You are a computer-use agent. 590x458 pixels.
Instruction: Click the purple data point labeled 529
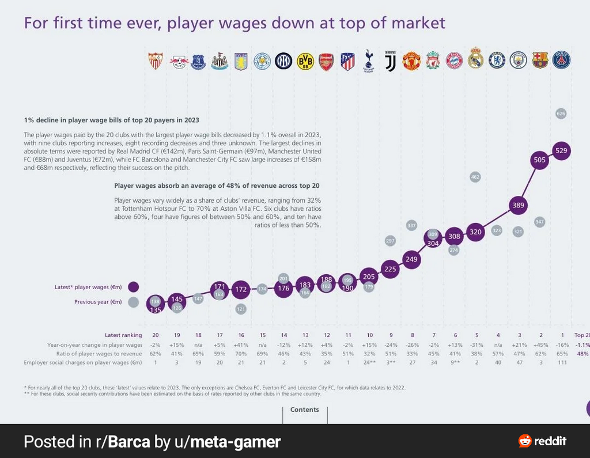tap(561, 150)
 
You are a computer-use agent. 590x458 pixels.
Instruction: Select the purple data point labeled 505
tap(540, 160)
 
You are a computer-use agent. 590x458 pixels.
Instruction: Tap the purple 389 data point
tap(518, 205)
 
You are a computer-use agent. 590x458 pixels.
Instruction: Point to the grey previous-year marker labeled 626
tap(561, 114)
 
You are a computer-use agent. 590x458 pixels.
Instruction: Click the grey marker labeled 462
tap(475, 177)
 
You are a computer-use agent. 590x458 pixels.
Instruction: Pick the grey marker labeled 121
tap(241, 309)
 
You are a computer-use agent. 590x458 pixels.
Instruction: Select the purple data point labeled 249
tap(411, 259)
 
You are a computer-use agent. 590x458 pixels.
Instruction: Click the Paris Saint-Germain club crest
tap(561, 60)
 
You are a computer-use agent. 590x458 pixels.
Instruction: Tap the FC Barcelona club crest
tap(540, 60)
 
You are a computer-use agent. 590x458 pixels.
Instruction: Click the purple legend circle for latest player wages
tap(134, 287)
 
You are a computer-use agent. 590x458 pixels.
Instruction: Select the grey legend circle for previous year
tap(134, 302)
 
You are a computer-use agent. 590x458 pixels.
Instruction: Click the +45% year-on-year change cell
tap(540, 345)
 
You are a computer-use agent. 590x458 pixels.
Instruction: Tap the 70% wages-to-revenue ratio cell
tap(241, 354)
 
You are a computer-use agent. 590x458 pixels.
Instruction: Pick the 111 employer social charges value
tap(561, 363)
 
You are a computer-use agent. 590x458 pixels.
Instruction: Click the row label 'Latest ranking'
tap(124, 335)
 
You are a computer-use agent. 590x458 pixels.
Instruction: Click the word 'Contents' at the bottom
tap(305, 410)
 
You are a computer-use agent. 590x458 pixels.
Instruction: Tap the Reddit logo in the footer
tap(543, 441)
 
